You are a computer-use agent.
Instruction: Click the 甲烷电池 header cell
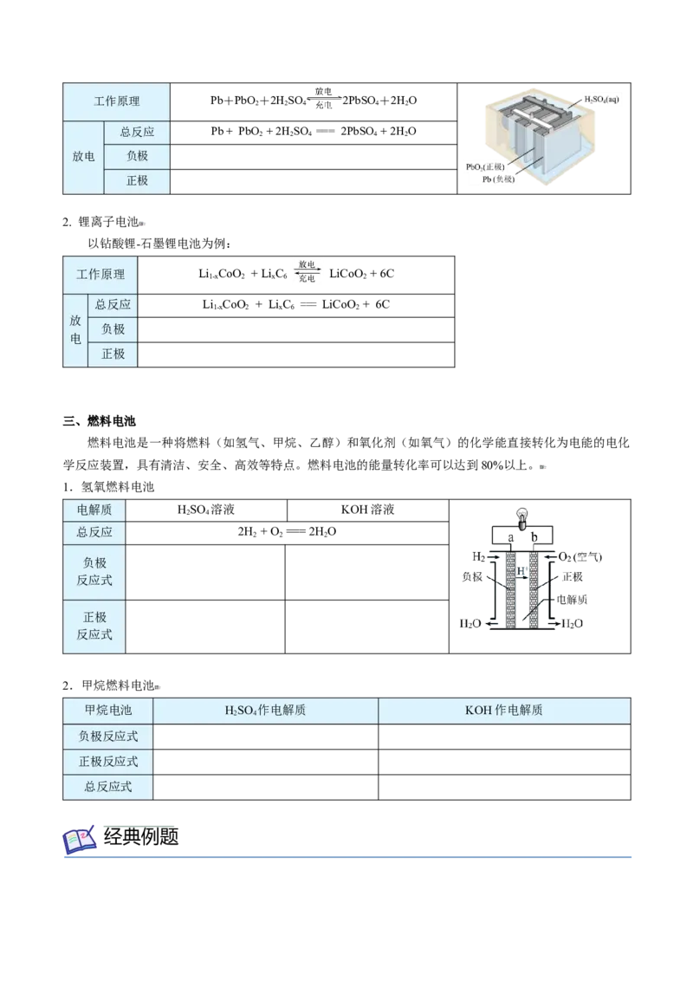pyautogui.click(x=107, y=711)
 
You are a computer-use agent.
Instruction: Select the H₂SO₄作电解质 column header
pyautogui.click(x=265, y=711)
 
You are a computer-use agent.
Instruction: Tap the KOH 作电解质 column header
pyautogui.click(x=503, y=711)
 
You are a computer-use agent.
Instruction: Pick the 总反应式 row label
pyautogui.click(x=107, y=787)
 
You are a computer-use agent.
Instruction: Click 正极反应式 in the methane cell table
pyautogui.click(x=107, y=762)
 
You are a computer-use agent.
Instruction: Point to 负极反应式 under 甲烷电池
pyautogui.click(x=107, y=737)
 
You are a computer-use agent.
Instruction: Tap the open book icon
pyautogui.click(x=81, y=839)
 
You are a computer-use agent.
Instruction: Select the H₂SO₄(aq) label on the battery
pyautogui.click(x=602, y=100)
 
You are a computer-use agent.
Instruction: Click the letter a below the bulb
pyautogui.click(x=510, y=537)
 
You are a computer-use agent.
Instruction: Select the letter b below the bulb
pyautogui.click(x=534, y=537)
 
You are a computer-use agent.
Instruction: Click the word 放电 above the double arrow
pyautogui.click(x=308, y=263)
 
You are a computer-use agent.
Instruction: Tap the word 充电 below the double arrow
pyautogui.click(x=308, y=279)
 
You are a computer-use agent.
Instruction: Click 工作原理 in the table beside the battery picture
pyautogui.click(x=117, y=101)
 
